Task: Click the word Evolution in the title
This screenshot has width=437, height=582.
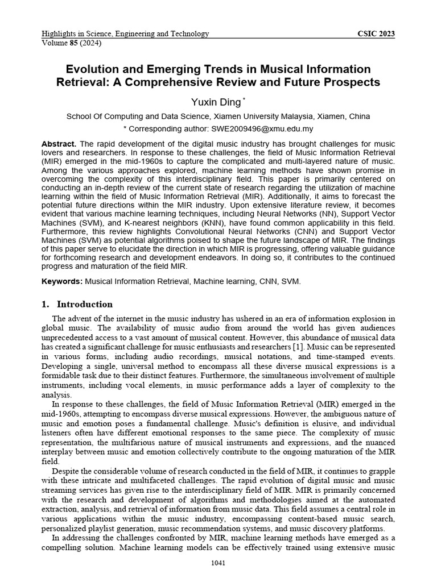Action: coord(92,69)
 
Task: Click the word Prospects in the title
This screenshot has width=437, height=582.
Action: coord(354,82)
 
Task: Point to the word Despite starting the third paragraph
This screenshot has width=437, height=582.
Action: coord(67,471)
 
